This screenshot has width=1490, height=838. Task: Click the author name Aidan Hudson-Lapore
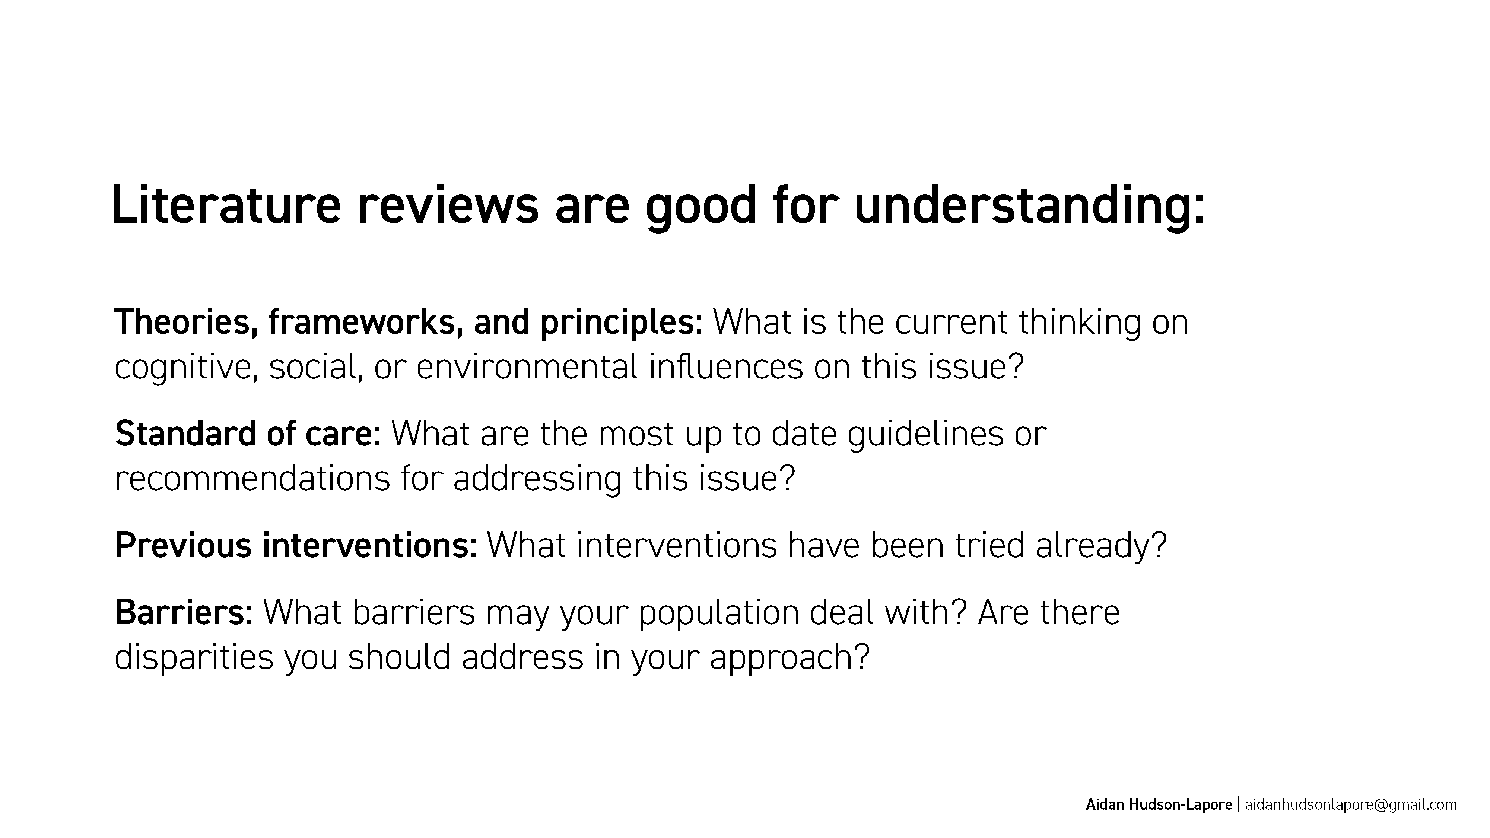[1159, 804]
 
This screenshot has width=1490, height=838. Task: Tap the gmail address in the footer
[1351, 805]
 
